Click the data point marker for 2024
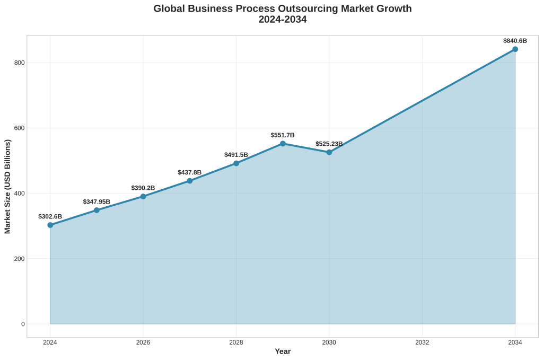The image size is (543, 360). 50,225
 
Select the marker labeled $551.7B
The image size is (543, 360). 283,144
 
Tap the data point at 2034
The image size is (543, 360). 515,49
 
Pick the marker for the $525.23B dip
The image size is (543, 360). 329,152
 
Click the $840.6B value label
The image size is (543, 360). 515,41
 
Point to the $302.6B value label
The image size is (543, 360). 50,216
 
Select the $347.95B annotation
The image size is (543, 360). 97,202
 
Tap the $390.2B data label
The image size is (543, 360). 143,188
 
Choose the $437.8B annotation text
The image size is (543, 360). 189,172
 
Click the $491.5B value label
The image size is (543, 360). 236,155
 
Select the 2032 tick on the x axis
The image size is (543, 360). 422,343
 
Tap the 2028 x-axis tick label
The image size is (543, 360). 236,343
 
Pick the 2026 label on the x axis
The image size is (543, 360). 143,343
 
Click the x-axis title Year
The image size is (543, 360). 283,352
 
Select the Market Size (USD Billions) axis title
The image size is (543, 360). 7,186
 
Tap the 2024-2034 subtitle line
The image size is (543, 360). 283,20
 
